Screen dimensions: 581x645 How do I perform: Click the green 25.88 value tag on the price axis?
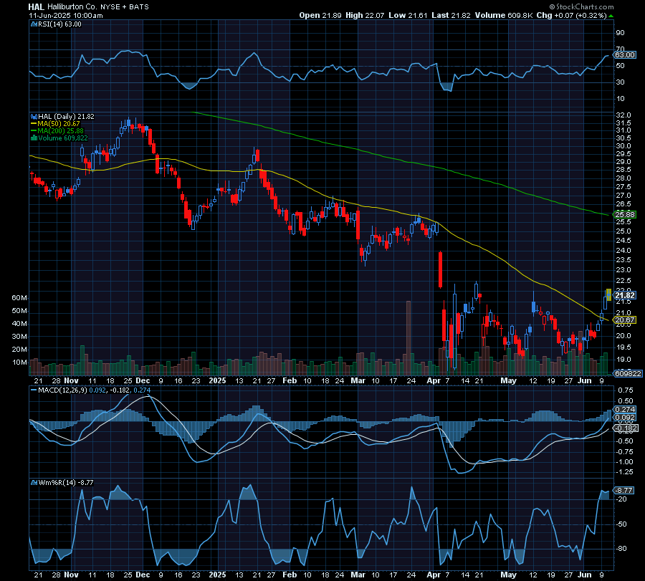coord(626,214)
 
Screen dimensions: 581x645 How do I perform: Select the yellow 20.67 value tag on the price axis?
coord(626,320)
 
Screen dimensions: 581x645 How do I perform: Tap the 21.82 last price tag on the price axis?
coord(626,295)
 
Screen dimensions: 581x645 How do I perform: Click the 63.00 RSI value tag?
coord(626,54)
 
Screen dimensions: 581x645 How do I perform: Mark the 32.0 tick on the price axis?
coord(623,115)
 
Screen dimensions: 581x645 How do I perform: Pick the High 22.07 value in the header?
coord(364,15)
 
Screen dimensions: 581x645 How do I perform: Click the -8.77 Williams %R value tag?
coord(626,490)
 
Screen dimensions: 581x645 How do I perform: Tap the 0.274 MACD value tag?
coord(626,409)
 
